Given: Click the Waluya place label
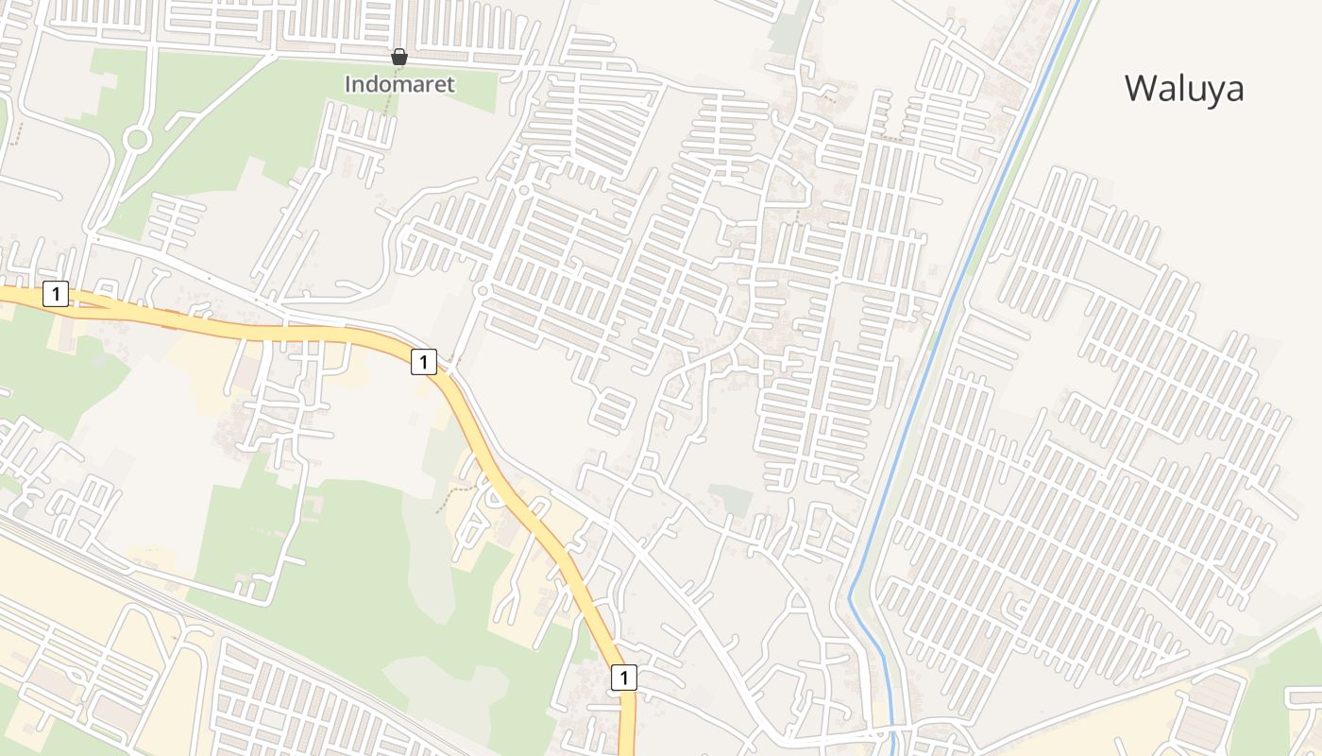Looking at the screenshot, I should pyautogui.click(x=1184, y=88).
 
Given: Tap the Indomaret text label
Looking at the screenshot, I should pyautogui.click(x=399, y=84).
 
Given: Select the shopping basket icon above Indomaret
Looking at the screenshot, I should pyautogui.click(x=399, y=57).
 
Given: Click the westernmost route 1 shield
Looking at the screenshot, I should pyautogui.click(x=56, y=294).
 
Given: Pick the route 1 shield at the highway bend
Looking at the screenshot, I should pyautogui.click(x=424, y=360).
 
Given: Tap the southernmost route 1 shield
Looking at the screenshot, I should pyautogui.click(x=623, y=677).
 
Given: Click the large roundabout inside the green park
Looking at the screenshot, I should pyautogui.click(x=137, y=140).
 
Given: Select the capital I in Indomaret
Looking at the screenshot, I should pyautogui.click(x=347, y=84).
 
